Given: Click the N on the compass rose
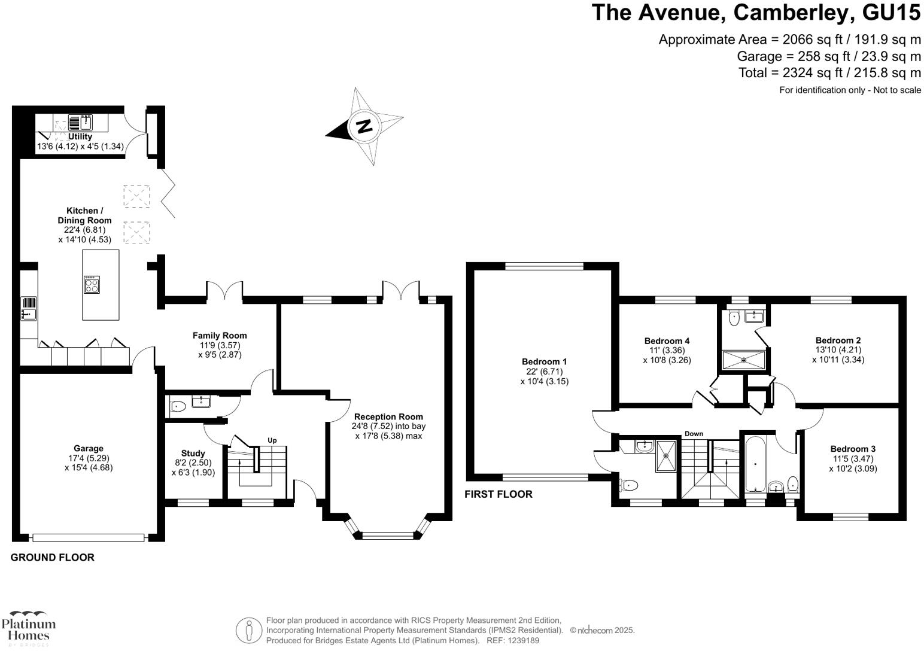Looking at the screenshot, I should point(364,126).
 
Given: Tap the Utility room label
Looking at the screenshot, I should point(80,137).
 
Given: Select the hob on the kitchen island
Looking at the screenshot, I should point(92,284).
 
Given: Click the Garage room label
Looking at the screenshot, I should point(89,449).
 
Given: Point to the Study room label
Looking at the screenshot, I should point(193,454).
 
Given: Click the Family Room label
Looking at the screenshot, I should point(220,336).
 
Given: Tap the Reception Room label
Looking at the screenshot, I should point(388,417).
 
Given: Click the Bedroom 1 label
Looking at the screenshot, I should point(544,362).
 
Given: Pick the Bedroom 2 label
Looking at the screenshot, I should point(838,340).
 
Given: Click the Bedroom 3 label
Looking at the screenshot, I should point(853,449).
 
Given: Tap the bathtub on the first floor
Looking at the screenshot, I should point(755,464).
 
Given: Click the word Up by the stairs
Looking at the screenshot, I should point(272,440).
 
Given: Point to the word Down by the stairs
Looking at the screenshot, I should point(694,434).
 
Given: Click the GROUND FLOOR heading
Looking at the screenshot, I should point(53,558).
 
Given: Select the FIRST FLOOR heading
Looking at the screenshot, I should point(499,494).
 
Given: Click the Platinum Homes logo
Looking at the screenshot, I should point(28,628).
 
